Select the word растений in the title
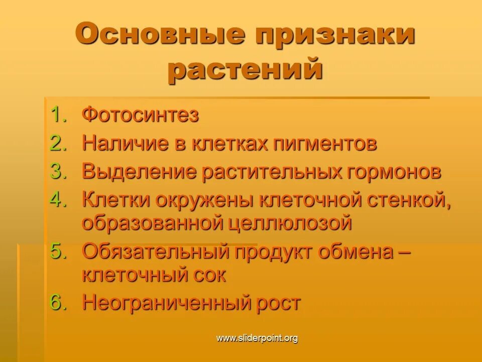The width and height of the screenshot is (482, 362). pyautogui.click(x=245, y=70)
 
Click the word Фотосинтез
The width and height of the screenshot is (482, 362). pyautogui.click(x=141, y=115)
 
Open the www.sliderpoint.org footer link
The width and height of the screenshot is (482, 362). pyautogui.click(x=257, y=338)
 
